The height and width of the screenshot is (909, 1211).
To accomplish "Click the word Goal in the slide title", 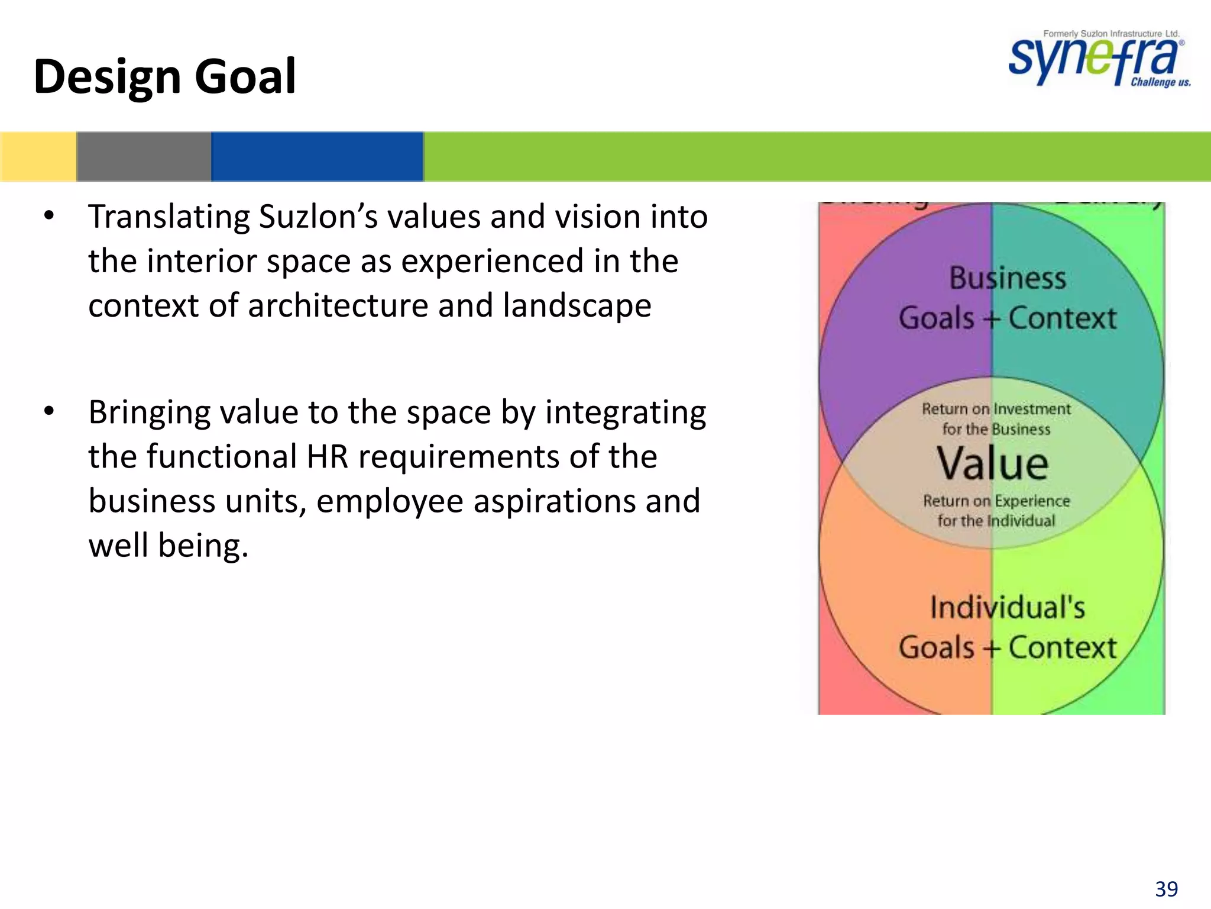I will (x=245, y=77).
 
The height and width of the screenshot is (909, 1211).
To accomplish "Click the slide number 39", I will (x=1166, y=889).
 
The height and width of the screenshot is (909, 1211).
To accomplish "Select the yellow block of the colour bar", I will (x=38, y=156).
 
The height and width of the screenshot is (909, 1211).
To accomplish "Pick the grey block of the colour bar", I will (x=144, y=156).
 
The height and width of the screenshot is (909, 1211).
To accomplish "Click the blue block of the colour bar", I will (x=317, y=156).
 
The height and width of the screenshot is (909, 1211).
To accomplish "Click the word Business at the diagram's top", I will (x=1008, y=278).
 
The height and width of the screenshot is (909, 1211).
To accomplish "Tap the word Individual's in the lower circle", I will (x=1008, y=608).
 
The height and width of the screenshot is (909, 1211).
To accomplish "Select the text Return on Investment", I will (x=996, y=409).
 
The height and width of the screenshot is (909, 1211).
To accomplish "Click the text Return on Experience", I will (x=996, y=501).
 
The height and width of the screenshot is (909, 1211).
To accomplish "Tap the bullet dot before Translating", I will (x=49, y=215).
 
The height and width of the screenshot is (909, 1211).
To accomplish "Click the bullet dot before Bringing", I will (x=49, y=411).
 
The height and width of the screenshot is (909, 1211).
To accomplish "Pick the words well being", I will (x=168, y=546).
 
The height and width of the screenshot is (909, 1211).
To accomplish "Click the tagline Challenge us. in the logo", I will (x=1160, y=82).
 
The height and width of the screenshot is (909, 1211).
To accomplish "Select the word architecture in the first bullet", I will (x=338, y=306).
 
